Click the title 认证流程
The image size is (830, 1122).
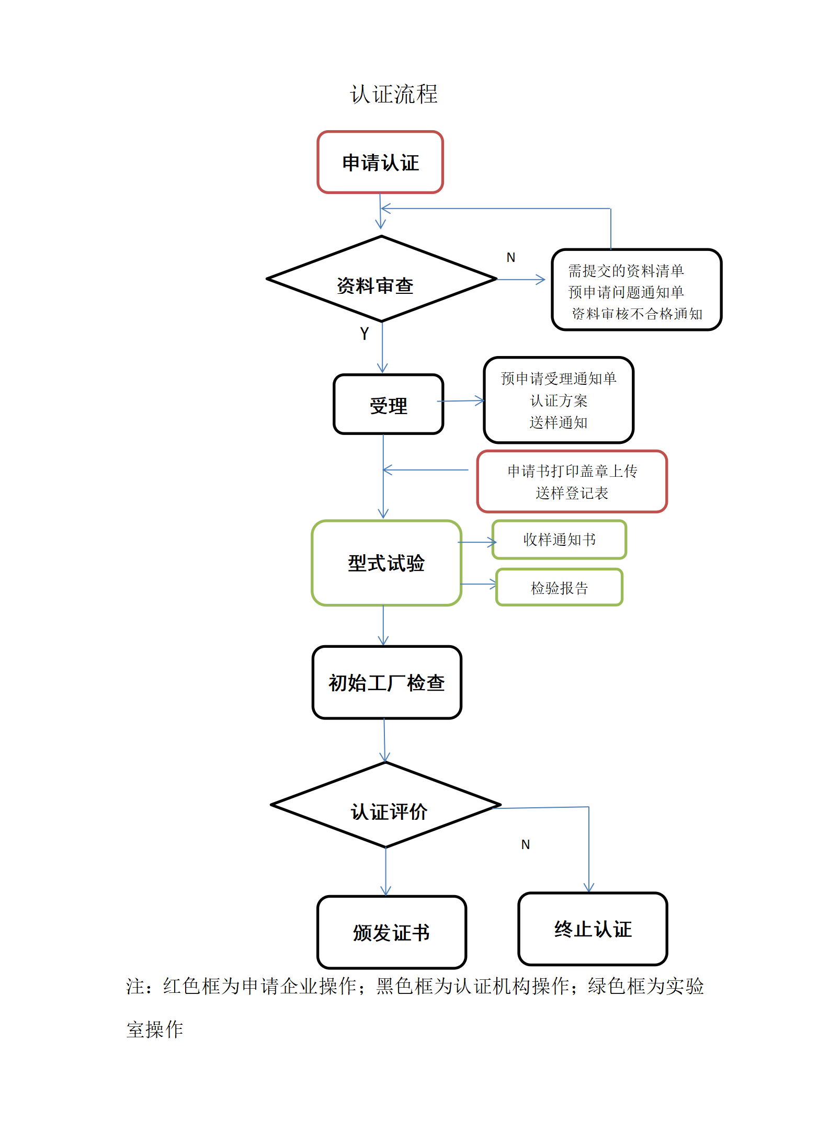coord(394,94)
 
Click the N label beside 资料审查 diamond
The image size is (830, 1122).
coord(511,257)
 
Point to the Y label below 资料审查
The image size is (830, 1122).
coord(365,334)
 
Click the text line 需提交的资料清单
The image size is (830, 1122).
coord(626,271)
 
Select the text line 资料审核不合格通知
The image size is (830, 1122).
coord(637,314)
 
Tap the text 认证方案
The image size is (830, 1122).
coord(559,401)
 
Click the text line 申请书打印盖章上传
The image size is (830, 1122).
coord(572,471)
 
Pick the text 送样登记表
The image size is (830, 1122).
coord(572,493)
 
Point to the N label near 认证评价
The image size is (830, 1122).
coord(526,844)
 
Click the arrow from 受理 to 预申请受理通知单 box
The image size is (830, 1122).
coord(461,401)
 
